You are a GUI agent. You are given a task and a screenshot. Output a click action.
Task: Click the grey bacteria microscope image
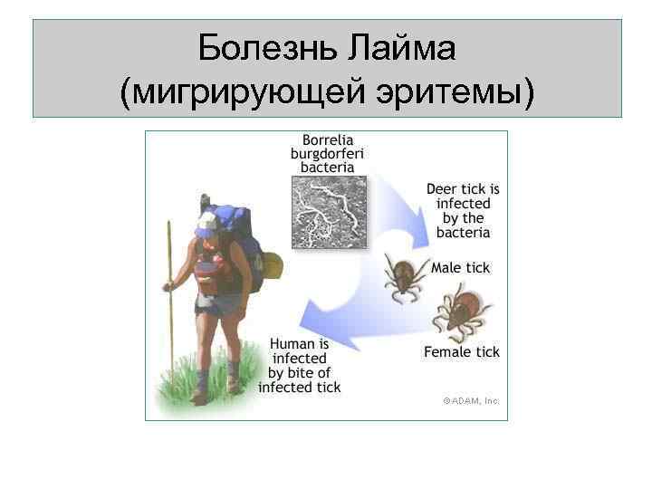pos(330,212)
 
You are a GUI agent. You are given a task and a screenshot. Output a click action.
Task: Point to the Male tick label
pos(460,267)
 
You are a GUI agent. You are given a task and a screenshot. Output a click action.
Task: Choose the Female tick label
pos(462,352)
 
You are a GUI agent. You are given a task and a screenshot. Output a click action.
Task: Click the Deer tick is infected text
pos(463,211)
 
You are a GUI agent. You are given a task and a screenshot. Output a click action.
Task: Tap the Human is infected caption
pos(300,366)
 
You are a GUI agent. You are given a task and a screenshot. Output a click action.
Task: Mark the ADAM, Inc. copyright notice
pos(471,399)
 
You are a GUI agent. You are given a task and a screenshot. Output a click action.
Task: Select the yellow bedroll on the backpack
pos(270,264)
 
